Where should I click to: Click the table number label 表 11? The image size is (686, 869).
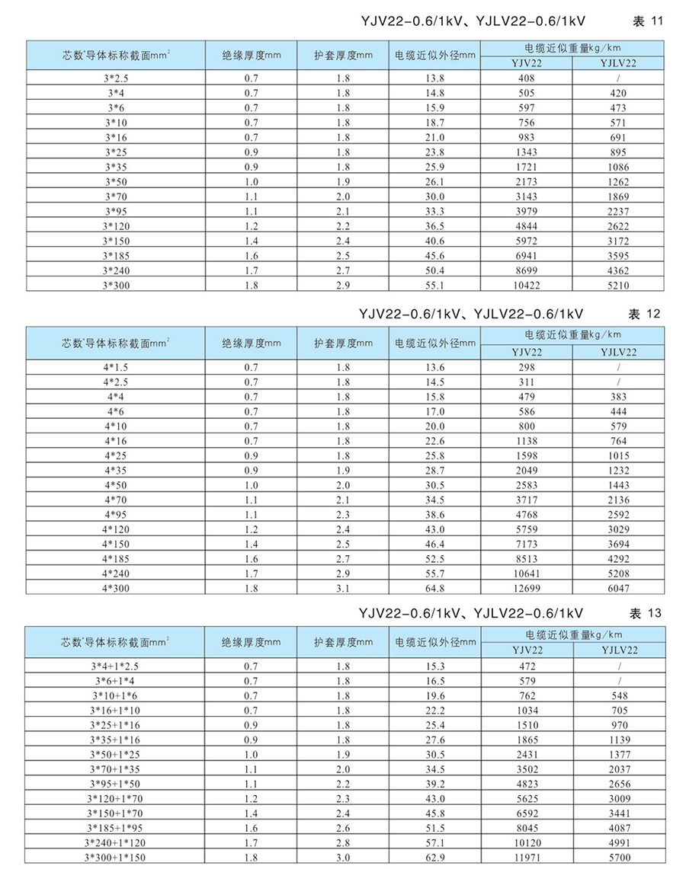point(649,21)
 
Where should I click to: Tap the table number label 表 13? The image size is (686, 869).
point(649,612)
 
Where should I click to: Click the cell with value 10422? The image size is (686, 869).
point(527,283)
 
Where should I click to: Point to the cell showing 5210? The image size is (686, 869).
point(618,283)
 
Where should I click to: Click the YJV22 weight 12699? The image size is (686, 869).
point(527,587)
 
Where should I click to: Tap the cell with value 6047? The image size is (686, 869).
point(618,587)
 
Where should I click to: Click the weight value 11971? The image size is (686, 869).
point(527,857)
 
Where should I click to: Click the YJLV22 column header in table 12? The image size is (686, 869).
point(618,351)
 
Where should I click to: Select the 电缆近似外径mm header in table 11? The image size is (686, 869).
point(435,55)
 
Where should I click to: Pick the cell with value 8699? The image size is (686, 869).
point(527,269)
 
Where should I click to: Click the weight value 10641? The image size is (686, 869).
point(527,573)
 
